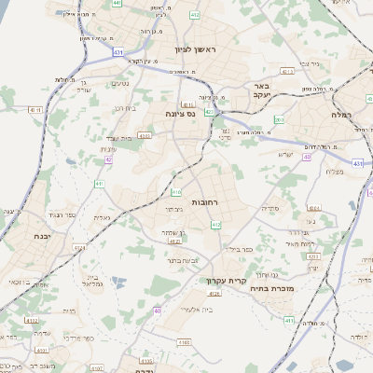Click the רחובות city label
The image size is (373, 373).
204,202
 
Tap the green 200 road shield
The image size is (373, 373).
278,119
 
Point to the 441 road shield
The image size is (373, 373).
116,5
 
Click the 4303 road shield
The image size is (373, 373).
144,136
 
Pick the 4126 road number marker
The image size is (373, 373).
215,294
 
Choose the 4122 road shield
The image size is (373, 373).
34,320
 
